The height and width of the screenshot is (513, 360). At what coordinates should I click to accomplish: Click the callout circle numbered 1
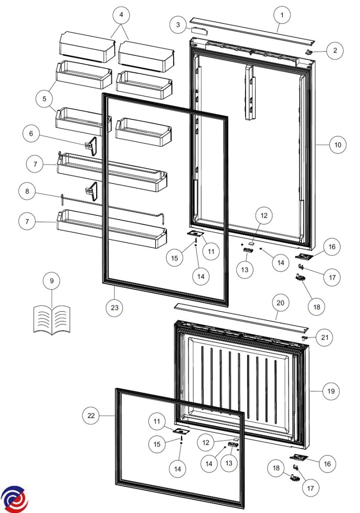click(282, 15)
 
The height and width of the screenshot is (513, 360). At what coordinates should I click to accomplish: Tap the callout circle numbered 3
click(178, 25)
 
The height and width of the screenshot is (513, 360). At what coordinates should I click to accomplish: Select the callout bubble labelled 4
click(121, 15)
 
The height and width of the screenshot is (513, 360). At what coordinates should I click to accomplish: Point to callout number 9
click(52, 281)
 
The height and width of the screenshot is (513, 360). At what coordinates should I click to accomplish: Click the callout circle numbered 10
click(338, 145)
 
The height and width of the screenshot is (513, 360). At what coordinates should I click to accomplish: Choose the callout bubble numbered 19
click(331, 391)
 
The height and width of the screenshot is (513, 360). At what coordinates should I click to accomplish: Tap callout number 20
click(280, 303)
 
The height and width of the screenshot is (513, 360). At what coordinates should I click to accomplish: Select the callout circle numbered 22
click(91, 416)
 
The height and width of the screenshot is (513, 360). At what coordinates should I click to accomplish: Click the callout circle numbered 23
click(115, 307)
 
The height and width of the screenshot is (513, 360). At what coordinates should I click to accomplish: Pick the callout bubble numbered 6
click(31, 133)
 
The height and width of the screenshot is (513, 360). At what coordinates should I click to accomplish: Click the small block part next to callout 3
click(199, 30)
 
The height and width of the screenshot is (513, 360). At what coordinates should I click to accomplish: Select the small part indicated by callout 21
click(304, 338)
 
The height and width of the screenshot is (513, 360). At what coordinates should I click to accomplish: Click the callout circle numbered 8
click(27, 191)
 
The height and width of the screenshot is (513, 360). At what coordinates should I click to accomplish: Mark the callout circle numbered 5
click(44, 99)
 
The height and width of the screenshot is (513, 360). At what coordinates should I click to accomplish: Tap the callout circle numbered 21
click(325, 337)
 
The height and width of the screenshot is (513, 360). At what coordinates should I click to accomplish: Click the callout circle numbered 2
click(335, 50)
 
